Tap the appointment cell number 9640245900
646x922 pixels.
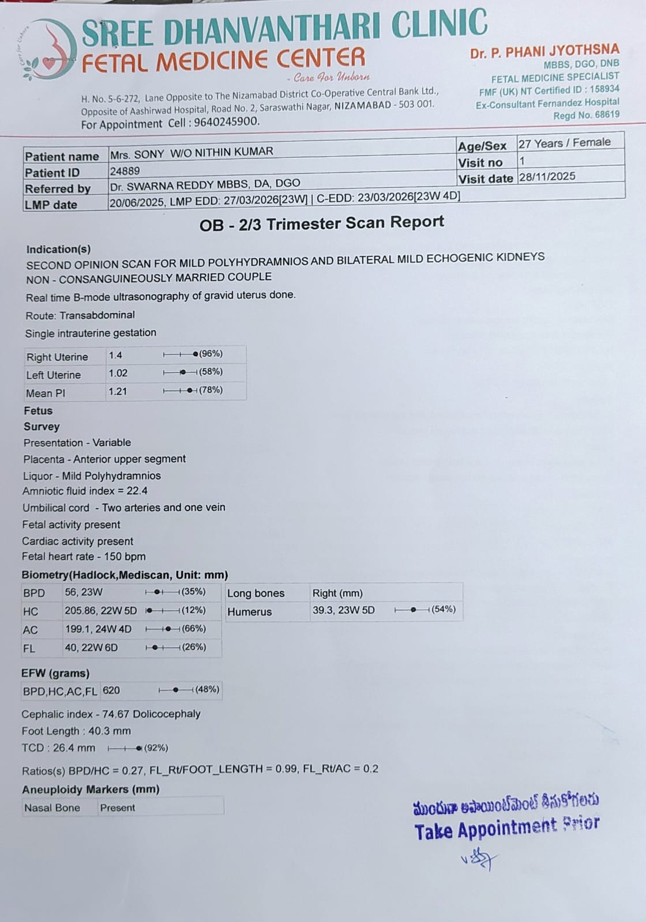(226, 122)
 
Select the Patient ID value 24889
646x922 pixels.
(125, 171)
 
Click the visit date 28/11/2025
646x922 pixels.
(547, 176)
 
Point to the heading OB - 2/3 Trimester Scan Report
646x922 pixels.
(321, 224)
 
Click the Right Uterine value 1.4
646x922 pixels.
(115, 356)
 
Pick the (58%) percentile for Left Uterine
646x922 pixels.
(211, 372)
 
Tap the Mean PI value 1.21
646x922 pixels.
(118, 392)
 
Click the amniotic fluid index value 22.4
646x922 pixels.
(137, 491)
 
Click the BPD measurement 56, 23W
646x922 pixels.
(84, 592)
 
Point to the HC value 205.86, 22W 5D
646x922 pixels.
(100, 611)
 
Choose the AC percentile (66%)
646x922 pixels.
(194, 629)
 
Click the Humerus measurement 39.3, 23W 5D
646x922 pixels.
(343, 610)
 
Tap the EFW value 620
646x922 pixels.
(111, 690)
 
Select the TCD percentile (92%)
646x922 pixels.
(156, 748)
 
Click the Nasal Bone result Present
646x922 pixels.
(118, 808)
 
